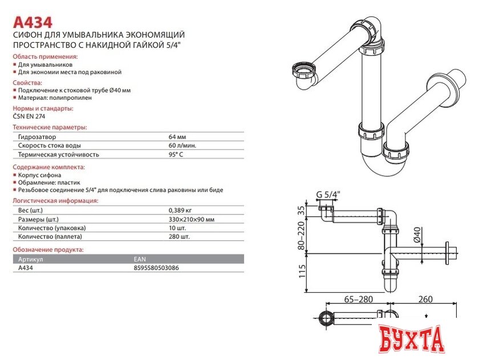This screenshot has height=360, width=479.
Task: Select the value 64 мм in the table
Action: click(177, 137)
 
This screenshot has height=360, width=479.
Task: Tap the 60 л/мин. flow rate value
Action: click(182, 145)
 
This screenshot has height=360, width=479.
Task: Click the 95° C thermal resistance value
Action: click(176, 154)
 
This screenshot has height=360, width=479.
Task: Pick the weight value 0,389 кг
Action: click(180, 211)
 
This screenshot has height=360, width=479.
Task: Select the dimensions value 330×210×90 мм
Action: click(192, 219)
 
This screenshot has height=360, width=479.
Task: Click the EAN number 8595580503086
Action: click(156, 267)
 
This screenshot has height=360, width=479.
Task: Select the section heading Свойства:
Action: click(29, 82)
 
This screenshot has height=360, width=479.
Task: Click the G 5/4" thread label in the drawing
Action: click(328, 195)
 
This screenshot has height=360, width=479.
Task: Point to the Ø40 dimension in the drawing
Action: click(416, 234)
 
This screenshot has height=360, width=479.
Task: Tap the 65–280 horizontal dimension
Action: click(359, 298)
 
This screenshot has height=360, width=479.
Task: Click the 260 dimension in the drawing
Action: click(425, 298)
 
